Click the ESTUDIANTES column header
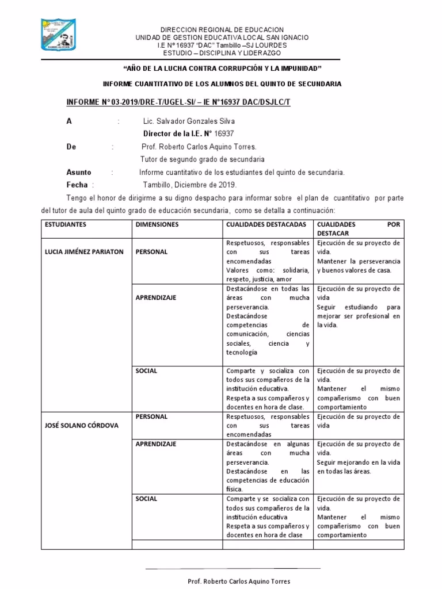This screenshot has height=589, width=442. pyautogui.click(x=66, y=224)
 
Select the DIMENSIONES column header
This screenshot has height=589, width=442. pyautogui.click(x=157, y=224)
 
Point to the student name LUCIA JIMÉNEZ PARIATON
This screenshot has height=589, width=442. pyautogui.click(x=85, y=252)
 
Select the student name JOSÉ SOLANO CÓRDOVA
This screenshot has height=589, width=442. pyautogui.click(x=81, y=426)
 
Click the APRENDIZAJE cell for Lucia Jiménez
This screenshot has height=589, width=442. pyautogui.click(x=155, y=297)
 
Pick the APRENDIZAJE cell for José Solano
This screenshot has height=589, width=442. pyautogui.click(x=155, y=444)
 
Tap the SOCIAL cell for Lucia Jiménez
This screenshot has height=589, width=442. pyautogui.click(x=146, y=371)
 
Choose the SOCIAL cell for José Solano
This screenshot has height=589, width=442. pyautogui.click(x=146, y=499)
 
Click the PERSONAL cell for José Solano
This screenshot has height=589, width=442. pyautogui.click(x=151, y=416)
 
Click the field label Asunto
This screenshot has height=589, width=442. pyautogui.click(x=79, y=172)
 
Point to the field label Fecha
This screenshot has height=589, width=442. pyautogui.click(x=77, y=185)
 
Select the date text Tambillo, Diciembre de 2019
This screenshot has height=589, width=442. pyautogui.click(x=189, y=185)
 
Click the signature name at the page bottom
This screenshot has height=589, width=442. pyautogui.click(x=239, y=582)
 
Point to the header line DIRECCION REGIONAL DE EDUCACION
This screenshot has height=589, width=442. pyautogui.click(x=222, y=29)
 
